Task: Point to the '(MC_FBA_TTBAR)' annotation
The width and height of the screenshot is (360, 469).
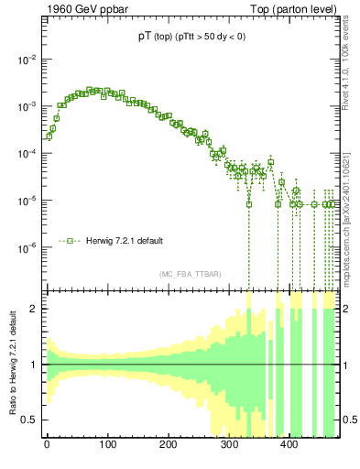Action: click(x=190, y=275)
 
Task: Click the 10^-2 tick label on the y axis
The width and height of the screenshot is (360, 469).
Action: click(x=27, y=60)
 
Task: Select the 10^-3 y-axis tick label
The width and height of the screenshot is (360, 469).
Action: click(x=27, y=106)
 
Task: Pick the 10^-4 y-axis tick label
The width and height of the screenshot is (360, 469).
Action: click(x=27, y=153)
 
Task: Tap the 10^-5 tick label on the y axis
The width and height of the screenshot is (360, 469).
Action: click(x=27, y=201)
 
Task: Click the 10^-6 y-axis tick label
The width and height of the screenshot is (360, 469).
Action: click(x=27, y=247)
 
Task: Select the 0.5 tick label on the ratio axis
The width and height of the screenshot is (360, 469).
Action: click(x=30, y=420)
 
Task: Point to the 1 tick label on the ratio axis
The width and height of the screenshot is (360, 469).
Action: click(x=35, y=365)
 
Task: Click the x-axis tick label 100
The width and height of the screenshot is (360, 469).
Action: click(x=107, y=446)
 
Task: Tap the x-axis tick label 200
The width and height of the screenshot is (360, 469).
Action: click(x=168, y=446)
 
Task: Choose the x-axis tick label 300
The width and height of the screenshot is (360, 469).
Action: click(x=229, y=446)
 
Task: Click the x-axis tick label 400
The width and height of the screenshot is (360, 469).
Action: click(x=289, y=446)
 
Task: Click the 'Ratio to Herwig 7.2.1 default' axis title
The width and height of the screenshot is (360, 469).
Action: click(x=11, y=364)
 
